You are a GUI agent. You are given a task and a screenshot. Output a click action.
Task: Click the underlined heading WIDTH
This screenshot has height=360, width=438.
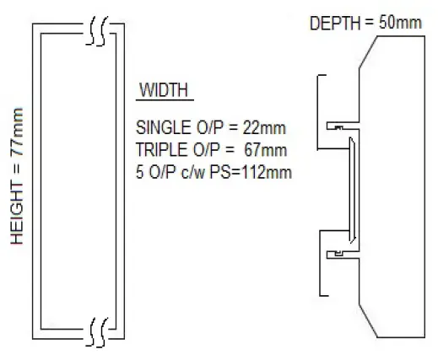coord(165,90)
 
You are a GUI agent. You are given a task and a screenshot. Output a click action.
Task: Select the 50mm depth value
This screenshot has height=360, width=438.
coord(399,23)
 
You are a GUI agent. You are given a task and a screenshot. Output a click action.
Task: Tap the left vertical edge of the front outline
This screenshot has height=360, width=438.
coord(32,181)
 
